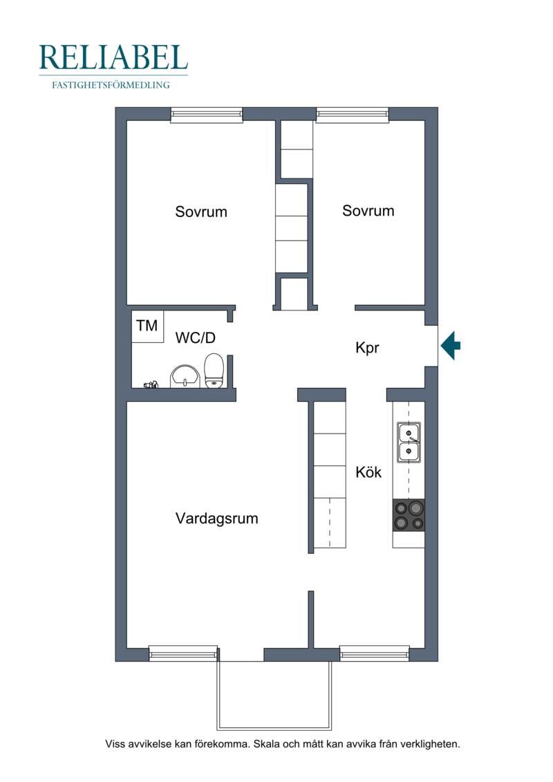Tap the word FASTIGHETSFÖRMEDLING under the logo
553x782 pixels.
pos(111,85)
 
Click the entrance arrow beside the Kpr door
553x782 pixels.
pos(450,345)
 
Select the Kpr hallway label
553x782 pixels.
pos(368,348)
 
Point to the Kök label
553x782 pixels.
pos(368,472)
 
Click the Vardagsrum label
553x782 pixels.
pos(217,518)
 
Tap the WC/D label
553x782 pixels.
pos(196,337)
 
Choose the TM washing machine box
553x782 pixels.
pos(148,326)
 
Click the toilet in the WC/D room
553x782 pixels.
pos(214,370)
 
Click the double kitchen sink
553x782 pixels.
pos(409,443)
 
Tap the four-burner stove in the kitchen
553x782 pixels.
pos(409,515)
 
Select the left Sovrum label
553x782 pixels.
pos(201,212)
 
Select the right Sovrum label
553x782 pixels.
pos(368,210)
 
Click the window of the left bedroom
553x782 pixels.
pos(207,115)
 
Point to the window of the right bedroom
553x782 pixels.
pos(352,115)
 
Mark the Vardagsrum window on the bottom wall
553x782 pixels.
pos(183,653)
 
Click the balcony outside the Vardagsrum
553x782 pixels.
pos(274,695)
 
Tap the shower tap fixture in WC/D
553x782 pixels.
pos(151,384)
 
